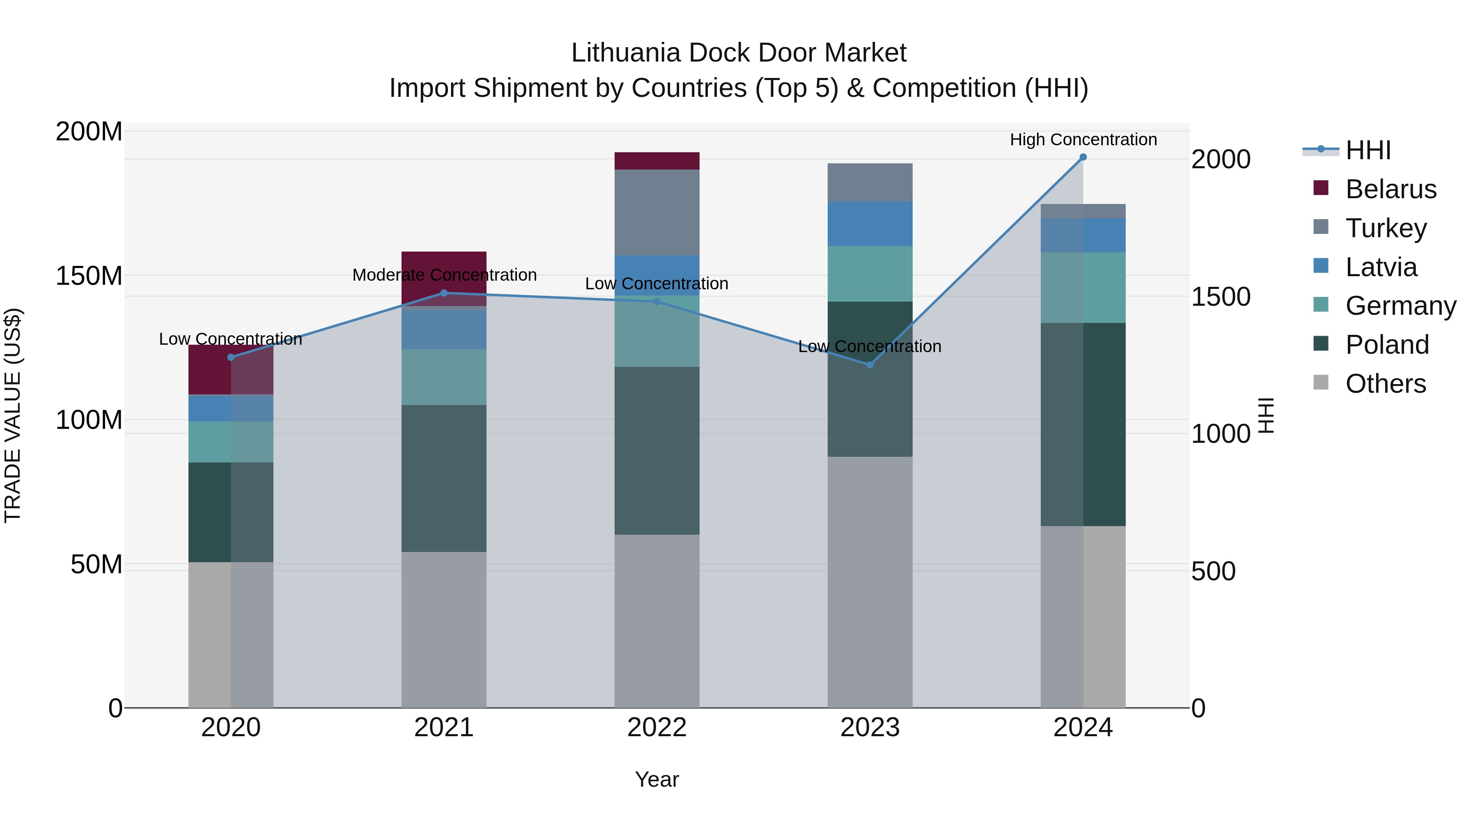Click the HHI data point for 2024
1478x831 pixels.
[x=1083, y=157]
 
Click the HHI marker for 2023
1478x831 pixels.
[x=870, y=365]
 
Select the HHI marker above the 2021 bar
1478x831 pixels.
[x=443, y=293]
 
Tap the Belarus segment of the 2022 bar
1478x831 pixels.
[x=657, y=161]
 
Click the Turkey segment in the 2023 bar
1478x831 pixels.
[x=870, y=182]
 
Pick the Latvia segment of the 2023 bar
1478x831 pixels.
[x=870, y=224]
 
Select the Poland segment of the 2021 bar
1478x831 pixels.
[x=443, y=478]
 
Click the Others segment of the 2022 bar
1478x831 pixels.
[x=657, y=621]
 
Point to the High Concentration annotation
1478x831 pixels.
[x=1083, y=140]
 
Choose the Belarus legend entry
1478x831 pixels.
[x=1390, y=189]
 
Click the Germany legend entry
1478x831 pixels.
[x=1400, y=306]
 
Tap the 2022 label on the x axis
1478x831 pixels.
[x=657, y=728]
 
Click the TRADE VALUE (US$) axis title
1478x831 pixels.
[x=13, y=415]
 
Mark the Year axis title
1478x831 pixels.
[x=657, y=779]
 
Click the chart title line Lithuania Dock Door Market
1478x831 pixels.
[x=739, y=53]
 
